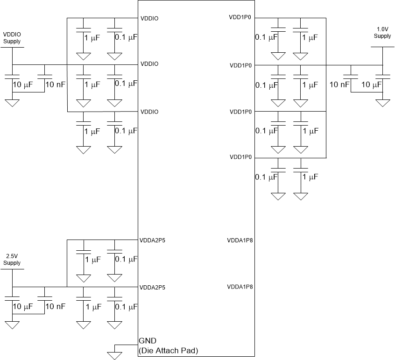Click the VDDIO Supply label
(x=12, y=38)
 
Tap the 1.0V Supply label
(x=382, y=33)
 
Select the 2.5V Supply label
(x=12, y=260)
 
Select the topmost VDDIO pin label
(x=149, y=19)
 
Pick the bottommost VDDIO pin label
(x=149, y=112)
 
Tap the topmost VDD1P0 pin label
(x=240, y=17)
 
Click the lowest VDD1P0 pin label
(x=241, y=157)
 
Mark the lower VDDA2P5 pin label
(x=152, y=287)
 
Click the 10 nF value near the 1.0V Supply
(x=339, y=85)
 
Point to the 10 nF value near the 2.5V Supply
(x=55, y=306)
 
